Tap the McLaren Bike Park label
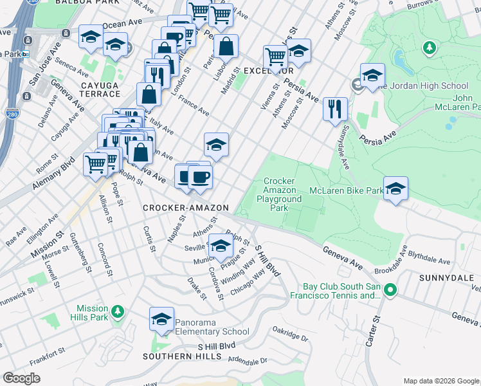(x=346, y=190)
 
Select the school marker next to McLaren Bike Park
(x=396, y=188)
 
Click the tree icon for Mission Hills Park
(x=117, y=312)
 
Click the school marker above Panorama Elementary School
(x=161, y=319)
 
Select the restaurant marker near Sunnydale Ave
(x=334, y=109)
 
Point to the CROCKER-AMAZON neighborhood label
(x=185, y=208)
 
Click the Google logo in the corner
(x=22, y=378)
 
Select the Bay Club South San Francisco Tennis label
(x=342, y=291)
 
